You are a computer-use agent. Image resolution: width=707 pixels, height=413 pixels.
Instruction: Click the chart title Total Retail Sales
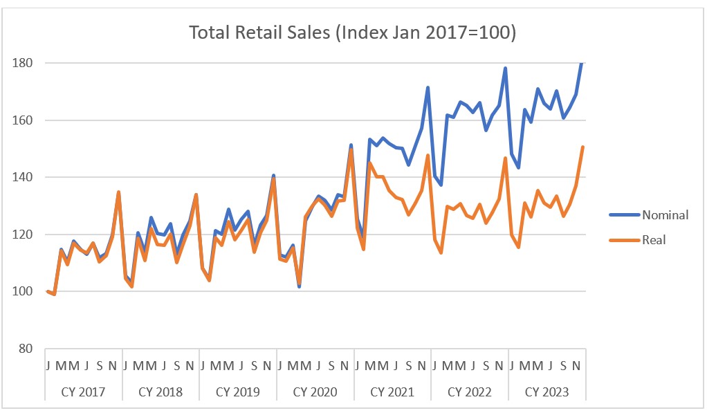tap(353, 33)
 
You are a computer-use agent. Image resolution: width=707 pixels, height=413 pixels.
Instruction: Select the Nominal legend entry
tap(665, 214)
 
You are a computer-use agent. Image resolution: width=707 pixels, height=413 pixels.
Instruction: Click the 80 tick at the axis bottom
tap(27, 349)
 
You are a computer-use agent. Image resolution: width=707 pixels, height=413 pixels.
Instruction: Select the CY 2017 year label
tap(83, 392)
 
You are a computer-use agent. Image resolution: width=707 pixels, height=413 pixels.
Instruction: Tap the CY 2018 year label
tap(160, 392)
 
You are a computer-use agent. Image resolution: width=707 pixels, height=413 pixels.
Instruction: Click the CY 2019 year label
tap(238, 392)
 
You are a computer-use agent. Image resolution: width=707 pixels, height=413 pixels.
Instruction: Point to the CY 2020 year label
tap(315, 392)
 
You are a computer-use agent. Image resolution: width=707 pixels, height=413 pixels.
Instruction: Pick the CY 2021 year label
tap(393, 392)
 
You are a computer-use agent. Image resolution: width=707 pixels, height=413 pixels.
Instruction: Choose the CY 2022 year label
tap(470, 392)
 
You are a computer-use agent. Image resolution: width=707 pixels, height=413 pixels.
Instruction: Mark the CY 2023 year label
tap(547, 392)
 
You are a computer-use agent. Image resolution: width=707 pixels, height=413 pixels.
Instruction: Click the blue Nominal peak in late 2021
tap(428, 87)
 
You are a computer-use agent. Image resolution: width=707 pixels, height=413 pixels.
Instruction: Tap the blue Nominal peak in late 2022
tap(506, 68)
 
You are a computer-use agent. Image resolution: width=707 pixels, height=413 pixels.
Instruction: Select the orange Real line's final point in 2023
tap(582, 147)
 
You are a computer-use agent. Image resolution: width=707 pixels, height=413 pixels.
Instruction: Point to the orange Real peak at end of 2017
tap(118, 192)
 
